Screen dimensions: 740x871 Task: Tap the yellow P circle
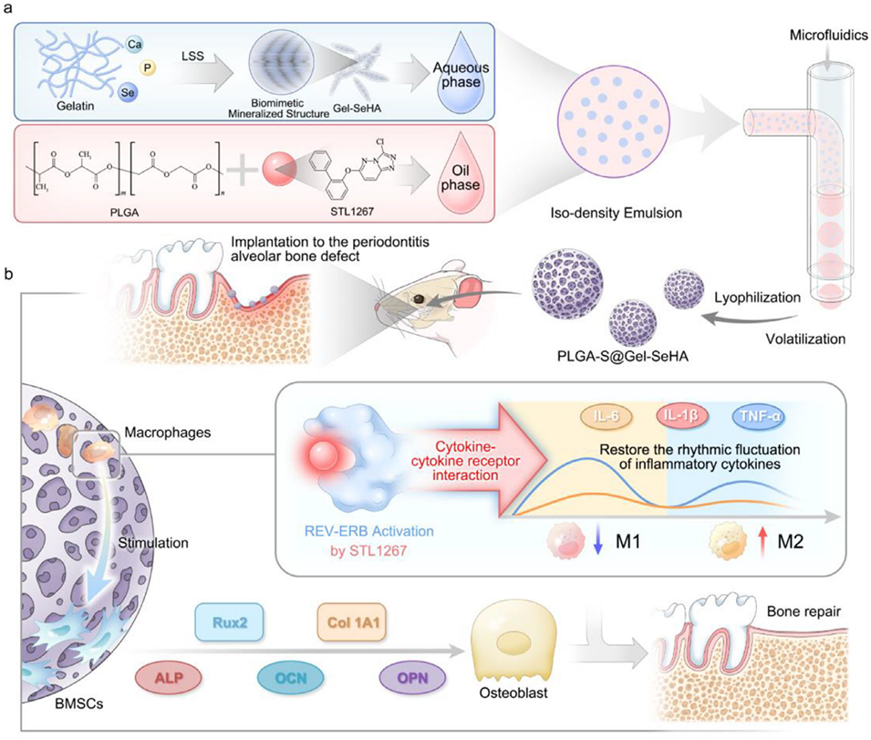coord(147,68)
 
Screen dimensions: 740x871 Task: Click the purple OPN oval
coord(410,679)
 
